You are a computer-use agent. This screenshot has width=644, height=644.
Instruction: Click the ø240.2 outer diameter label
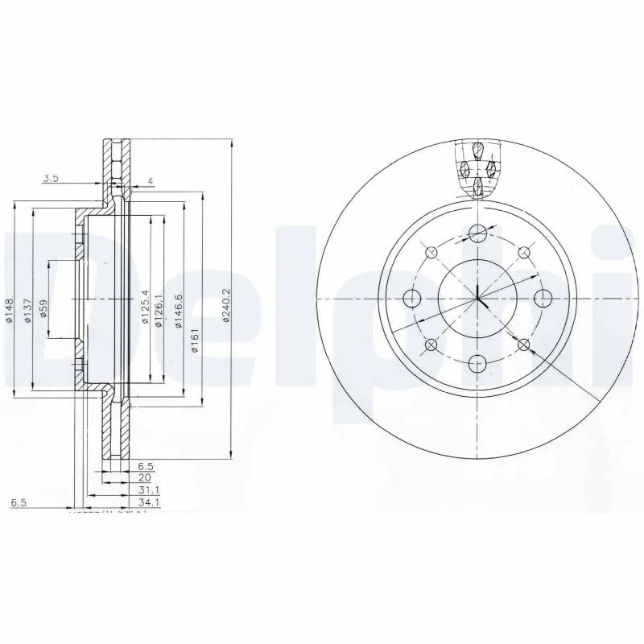[227, 305]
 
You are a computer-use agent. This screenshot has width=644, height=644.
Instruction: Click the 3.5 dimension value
[50, 179]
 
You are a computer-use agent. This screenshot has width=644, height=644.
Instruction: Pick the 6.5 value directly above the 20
[145, 465]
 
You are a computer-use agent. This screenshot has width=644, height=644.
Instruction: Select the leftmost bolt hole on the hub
[413, 298]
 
